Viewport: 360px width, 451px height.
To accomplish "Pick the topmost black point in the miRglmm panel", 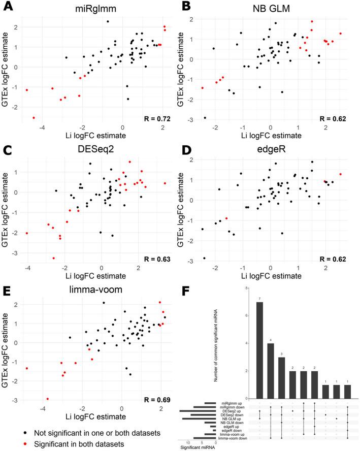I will [108, 21].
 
